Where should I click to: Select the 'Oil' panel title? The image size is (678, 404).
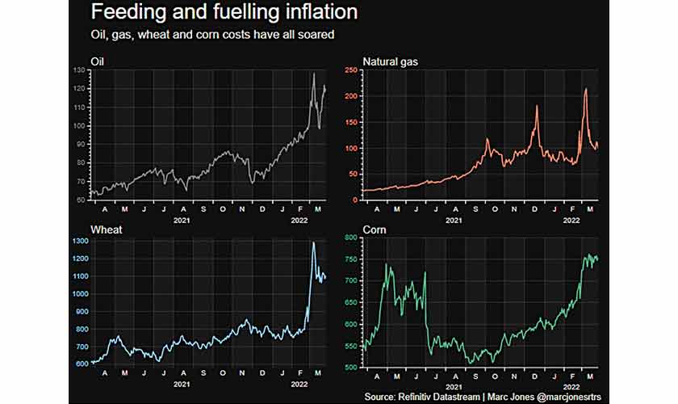pos(98,61)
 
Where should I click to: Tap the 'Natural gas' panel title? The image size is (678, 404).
pos(391,61)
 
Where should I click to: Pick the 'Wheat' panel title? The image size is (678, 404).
pos(105,230)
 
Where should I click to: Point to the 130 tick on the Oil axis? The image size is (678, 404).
pos(78,70)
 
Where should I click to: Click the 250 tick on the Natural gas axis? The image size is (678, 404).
pos(352,70)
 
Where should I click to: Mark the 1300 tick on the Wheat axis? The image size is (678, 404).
pos(77,241)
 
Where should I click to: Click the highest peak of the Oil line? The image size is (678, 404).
pos(314,74)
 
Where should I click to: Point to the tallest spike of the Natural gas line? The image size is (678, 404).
pos(586,89)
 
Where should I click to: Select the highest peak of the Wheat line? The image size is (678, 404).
pos(314,242)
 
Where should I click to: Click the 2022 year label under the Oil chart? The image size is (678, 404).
pos(298,221)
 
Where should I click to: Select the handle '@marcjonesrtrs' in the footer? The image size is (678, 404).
pos(558,398)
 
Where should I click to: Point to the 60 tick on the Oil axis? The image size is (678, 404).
pos(80,200)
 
